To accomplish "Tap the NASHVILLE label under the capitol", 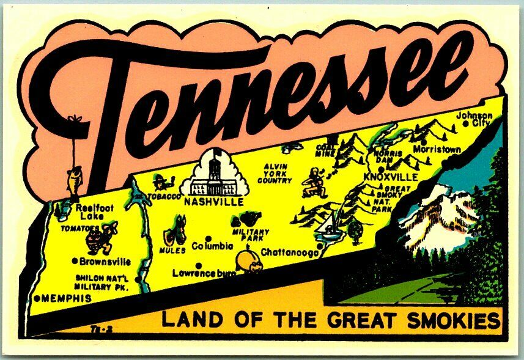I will pyautogui.click(x=213, y=201).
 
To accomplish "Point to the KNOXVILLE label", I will pyautogui.click(x=391, y=177).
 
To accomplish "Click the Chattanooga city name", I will pyautogui.click(x=289, y=251).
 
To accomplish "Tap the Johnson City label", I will pyautogui.click(x=475, y=119).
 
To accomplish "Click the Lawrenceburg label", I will pyautogui.click(x=204, y=273).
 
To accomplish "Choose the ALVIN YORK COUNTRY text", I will pyautogui.click(x=274, y=174).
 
